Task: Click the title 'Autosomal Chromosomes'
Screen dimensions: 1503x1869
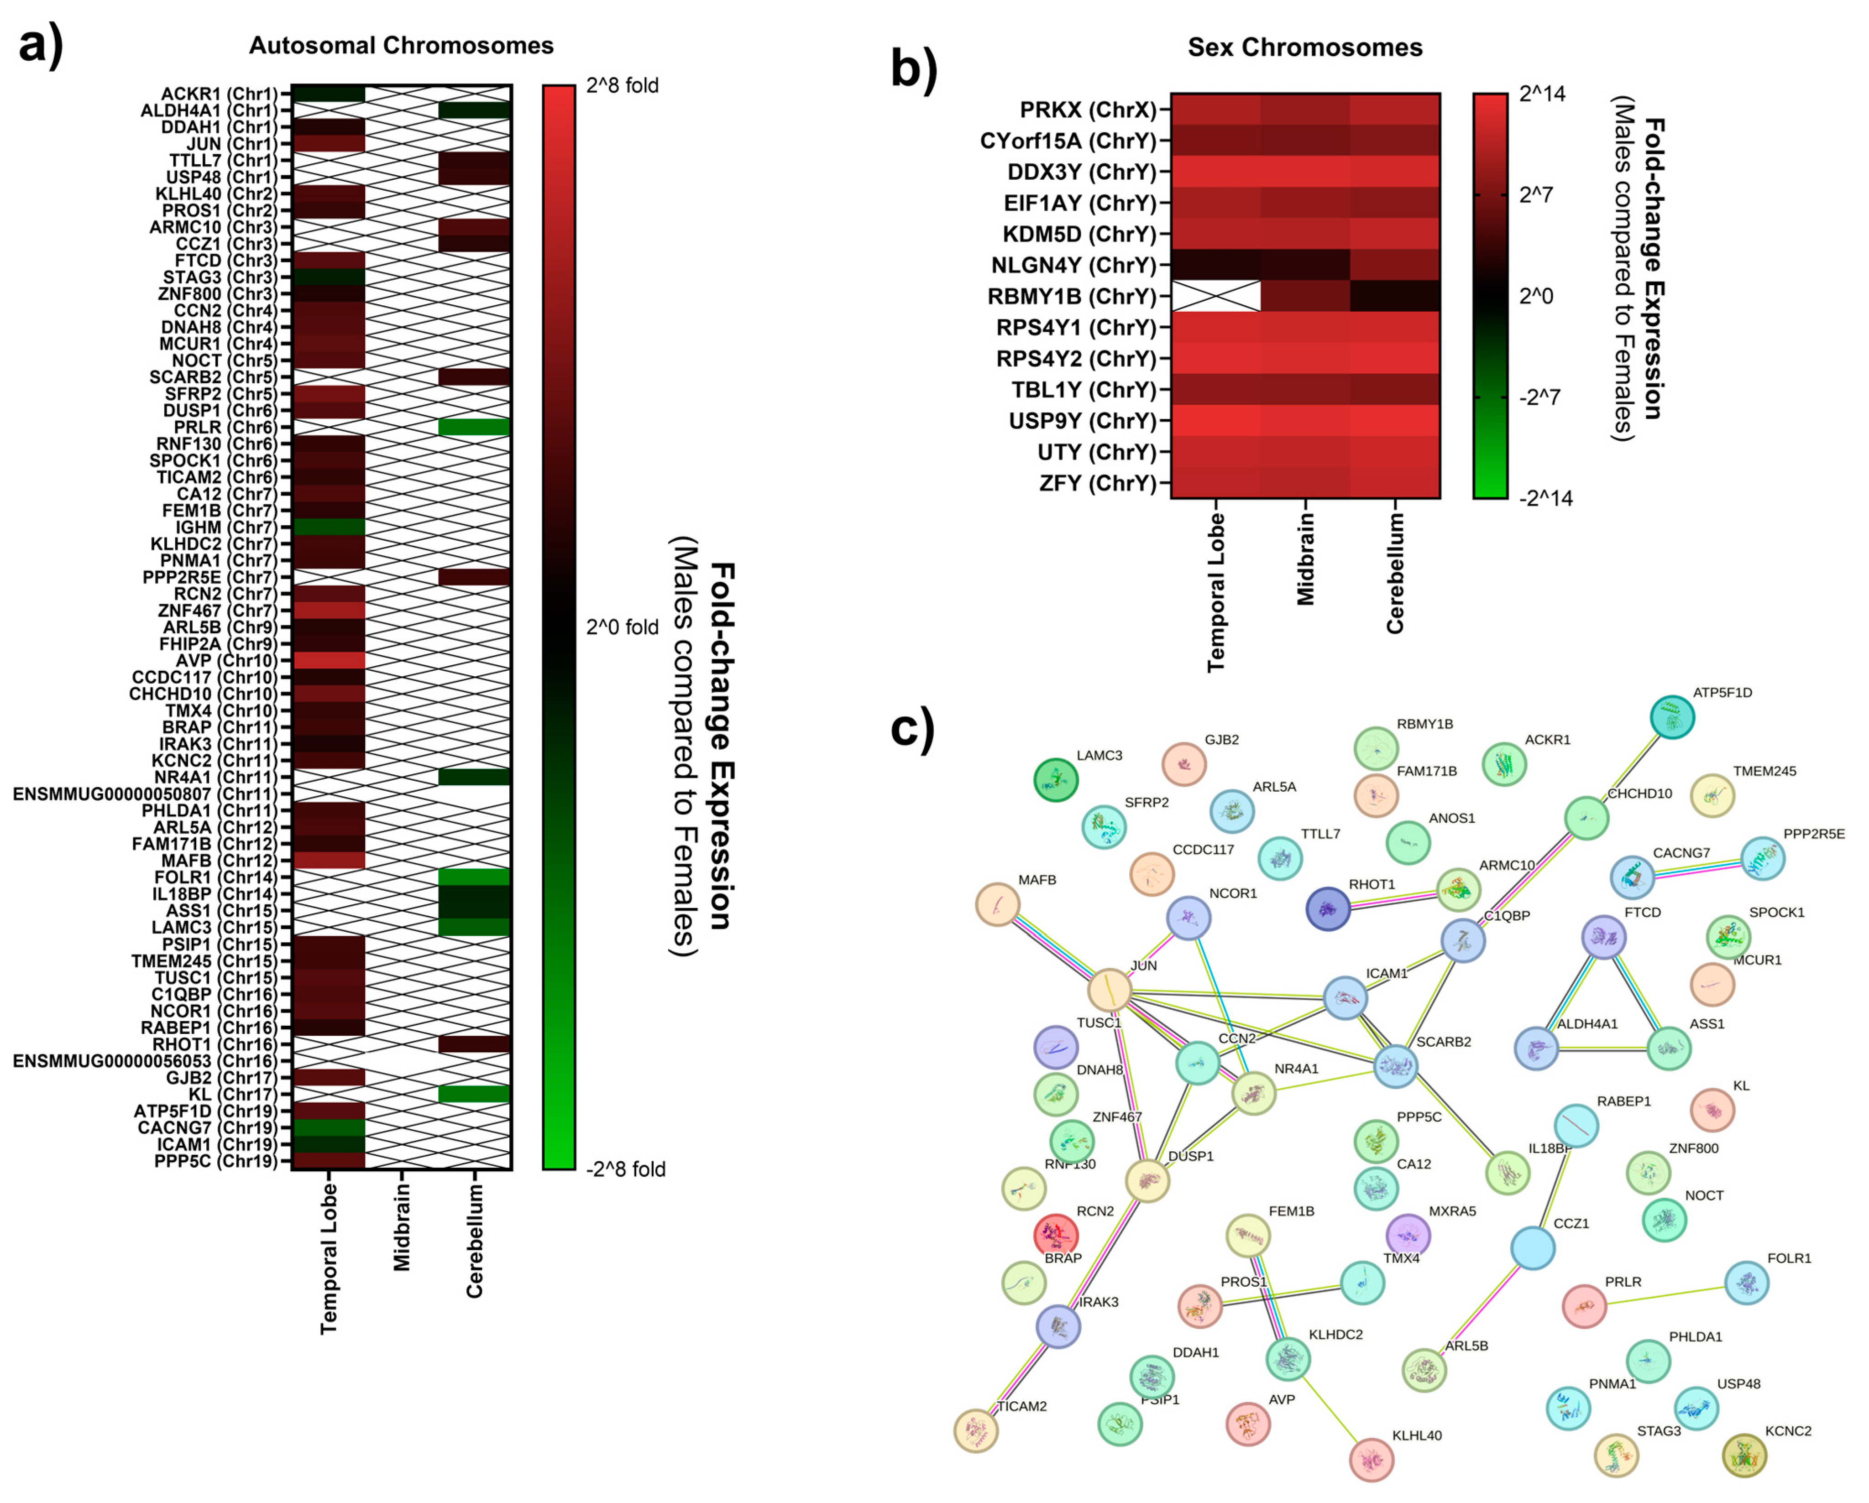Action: click(401, 46)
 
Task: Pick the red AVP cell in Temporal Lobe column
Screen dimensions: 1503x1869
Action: click(329, 661)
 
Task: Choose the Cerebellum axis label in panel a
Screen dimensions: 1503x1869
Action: click(474, 1241)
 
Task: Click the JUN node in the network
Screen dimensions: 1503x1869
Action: click(1110, 990)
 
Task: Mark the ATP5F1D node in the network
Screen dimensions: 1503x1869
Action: click(1672, 718)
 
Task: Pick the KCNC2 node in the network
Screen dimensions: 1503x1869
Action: click(1743, 1456)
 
